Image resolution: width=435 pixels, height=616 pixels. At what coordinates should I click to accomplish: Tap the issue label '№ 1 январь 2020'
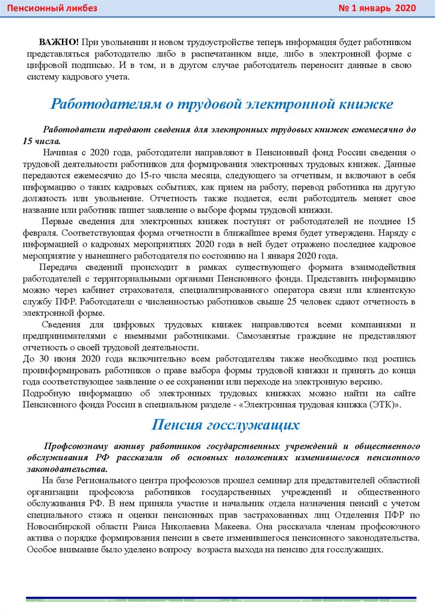click(x=377, y=8)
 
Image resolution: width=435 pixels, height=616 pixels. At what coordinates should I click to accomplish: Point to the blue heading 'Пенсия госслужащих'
click(x=226, y=425)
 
